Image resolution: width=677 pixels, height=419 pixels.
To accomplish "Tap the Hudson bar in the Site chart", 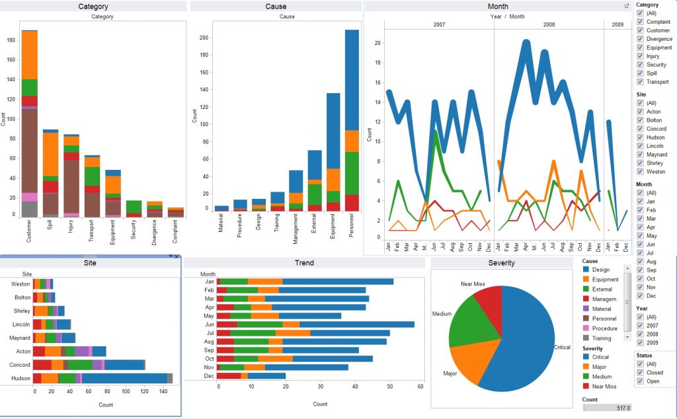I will click(x=102, y=378).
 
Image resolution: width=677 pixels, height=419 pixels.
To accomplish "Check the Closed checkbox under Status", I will click(x=640, y=372).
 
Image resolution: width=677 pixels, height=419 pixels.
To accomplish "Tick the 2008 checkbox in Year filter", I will click(x=640, y=334).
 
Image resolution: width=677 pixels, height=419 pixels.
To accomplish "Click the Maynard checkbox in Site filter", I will click(x=640, y=155).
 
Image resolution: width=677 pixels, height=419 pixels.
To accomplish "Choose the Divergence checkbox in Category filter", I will click(x=640, y=39).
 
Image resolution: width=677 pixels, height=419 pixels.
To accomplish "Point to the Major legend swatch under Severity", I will click(x=585, y=367).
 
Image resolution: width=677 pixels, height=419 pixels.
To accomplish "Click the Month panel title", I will click(x=498, y=7).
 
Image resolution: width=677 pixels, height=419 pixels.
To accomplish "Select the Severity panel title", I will click(x=501, y=262).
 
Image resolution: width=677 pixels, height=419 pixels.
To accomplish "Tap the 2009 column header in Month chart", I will click(x=616, y=24).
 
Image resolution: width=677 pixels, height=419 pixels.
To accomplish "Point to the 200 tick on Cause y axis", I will click(x=204, y=38).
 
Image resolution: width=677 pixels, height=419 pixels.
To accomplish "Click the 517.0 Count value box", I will click(x=607, y=408).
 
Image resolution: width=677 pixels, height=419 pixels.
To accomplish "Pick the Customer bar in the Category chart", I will click(x=29, y=132).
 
